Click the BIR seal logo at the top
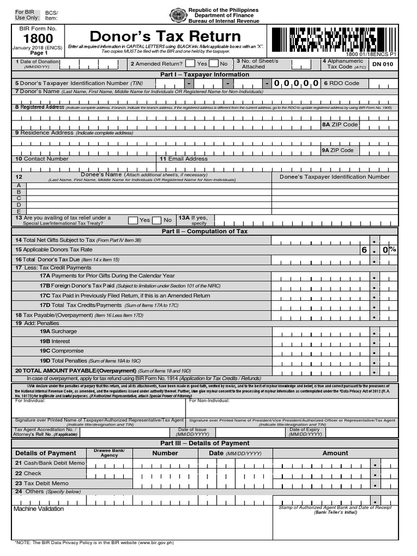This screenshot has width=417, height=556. pyautogui.click(x=178, y=15)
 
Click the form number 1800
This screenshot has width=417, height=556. pyautogui.click(x=37, y=39)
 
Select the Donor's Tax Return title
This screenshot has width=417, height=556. pyautogui.click(x=165, y=36)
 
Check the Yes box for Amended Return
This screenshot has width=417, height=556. pyautogui.click(x=190, y=64)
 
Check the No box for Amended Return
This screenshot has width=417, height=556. pyautogui.click(x=214, y=64)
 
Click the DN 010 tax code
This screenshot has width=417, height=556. pyautogui.click(x=382, y=64)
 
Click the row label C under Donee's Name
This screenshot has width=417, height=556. pyautogui.click(x=19, y=198)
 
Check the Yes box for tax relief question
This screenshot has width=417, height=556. pyautogui.click(x=132, y=220)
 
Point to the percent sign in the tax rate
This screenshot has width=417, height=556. pyautogui.click(x=393, y=250)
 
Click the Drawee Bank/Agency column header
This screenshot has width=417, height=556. pyautogui.click(x=109, y=453)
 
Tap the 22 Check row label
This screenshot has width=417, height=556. pyautogui.click(x=28, y=473)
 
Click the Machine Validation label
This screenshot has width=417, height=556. pyautogui.click(x=39, y=509)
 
